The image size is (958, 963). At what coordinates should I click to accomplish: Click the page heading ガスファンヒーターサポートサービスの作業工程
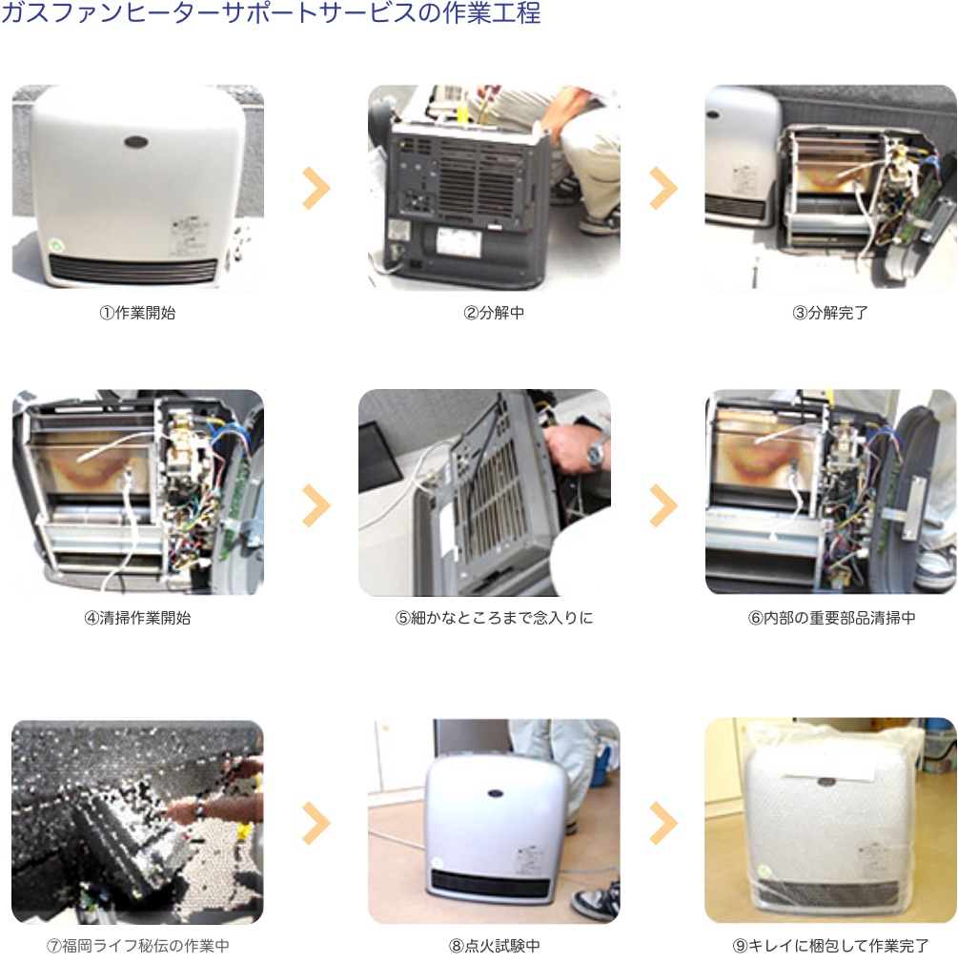tap(271, 12)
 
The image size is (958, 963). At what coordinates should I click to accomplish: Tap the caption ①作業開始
tap(137, 313)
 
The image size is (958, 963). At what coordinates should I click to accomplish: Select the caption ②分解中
tap(494, 313)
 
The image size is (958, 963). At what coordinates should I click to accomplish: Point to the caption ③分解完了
tap(830, 313)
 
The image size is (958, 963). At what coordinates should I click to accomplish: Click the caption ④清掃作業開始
tap(137, 617)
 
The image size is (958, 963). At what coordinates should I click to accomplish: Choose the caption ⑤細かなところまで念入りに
tap(494, 617)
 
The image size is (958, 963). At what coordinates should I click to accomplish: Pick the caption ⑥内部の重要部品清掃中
tap(831, 617)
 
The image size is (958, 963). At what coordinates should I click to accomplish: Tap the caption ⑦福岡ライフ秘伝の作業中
tap(137, 945)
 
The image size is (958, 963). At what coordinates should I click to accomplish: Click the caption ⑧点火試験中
tap(494, 945)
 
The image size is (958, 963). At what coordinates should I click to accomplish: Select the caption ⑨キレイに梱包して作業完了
tap(830, 945)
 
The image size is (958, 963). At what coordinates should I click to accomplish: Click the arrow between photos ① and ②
tap(316, 188)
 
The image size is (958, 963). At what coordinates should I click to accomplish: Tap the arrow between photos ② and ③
tap(663, 188)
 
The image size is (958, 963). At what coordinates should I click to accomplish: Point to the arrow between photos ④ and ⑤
tap(316, 505)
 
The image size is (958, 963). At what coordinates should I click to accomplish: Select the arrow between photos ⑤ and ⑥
tap(663, 505)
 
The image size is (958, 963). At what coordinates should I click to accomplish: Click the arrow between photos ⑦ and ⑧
tap(316, 823)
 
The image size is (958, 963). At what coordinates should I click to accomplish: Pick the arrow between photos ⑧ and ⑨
tap(663, 823)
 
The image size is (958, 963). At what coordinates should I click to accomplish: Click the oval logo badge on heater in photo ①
tap(136, 142)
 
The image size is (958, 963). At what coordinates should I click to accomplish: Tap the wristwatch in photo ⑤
tap(596, 452)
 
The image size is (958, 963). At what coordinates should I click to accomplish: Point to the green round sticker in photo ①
tap(58, 244)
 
